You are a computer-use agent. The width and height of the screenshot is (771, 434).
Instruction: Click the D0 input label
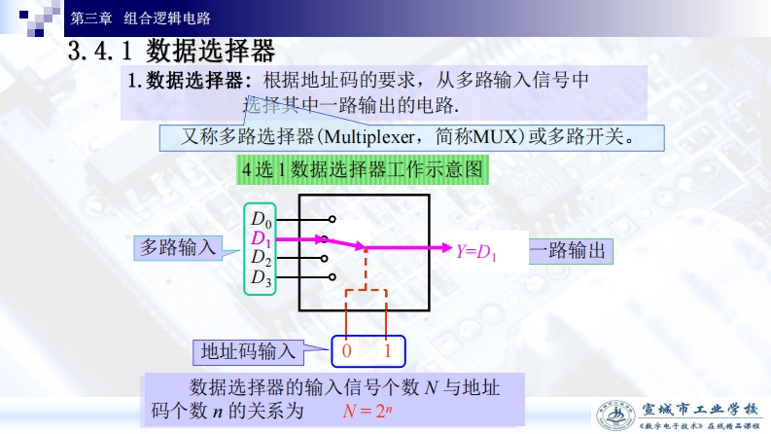262,218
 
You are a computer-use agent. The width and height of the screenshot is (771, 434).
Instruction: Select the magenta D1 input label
262,238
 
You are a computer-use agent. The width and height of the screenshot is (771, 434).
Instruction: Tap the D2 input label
262,258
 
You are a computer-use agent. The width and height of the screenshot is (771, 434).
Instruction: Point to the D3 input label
262,278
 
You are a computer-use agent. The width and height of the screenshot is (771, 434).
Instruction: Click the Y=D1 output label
476,252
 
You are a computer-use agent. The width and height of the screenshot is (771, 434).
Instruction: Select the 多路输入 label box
178,248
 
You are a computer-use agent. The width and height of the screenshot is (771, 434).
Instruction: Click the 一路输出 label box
571,251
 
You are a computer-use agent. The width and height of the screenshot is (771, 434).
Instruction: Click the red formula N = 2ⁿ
367,411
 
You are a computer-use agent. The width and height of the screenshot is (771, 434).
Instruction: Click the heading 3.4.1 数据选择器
172,51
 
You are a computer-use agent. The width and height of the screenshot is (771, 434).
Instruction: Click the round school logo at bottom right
617,416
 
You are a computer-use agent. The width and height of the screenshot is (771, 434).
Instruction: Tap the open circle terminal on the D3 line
333,279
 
